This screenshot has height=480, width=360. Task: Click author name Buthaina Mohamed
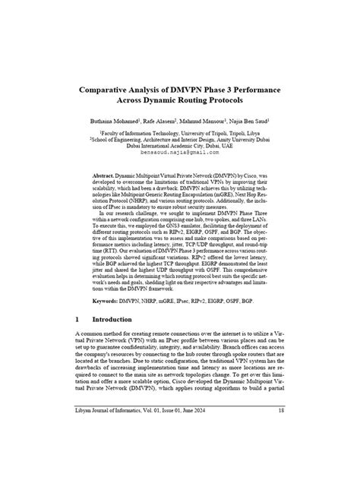[x=122, y=122]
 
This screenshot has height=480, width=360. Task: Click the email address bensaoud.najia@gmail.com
[x=179, y=152]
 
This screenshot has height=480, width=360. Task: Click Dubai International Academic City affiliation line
[x=180, y=146]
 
